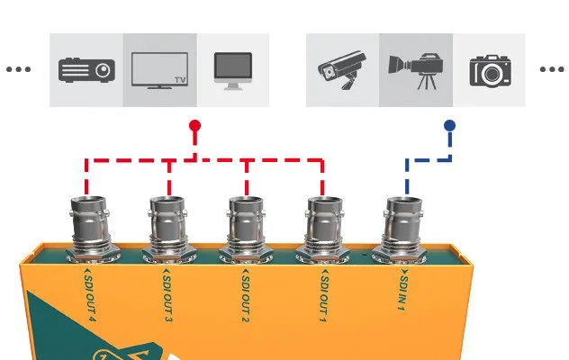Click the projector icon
click(x=86, y=70)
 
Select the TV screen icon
click(x=159, y=71)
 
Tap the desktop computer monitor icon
click(x=233, y=71)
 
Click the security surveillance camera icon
click(x=342, y=70)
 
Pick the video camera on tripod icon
click(x=416, y=71)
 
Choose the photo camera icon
click(x=491, y=71)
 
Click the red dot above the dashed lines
click(x=194, y=126)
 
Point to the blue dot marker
click(x=449, y=126)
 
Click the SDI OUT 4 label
click(x=89, y=296)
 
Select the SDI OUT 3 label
click(x=167, y=296)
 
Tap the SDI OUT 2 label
click(x=246, y=296)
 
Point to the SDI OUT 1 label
click(x=324, y=296)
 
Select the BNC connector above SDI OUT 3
click(x=168, y=229)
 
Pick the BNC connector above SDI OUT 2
click(x=247, y=229)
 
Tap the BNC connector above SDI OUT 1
click(x=324, y=229)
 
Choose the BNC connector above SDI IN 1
click(x=402, y=229)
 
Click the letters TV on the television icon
click(x=180, y=80)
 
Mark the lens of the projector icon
click(x=104, y=69)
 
